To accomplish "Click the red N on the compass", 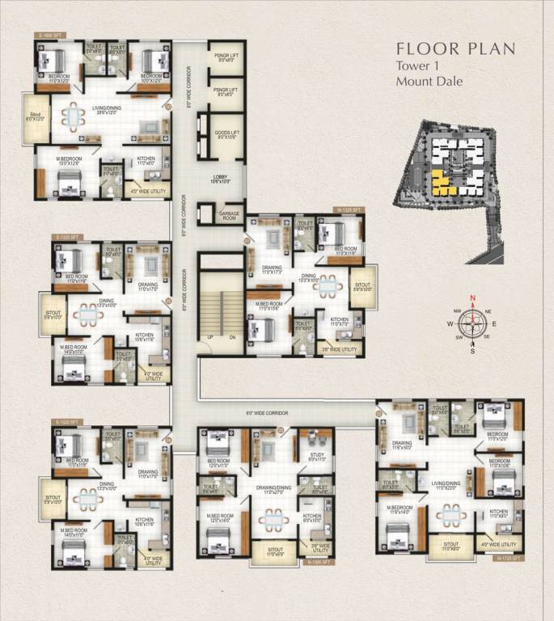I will coord(472,298).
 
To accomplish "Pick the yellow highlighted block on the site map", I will coord(441,184).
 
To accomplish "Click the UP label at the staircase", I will coord(210,337).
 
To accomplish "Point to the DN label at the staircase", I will coord(231,337).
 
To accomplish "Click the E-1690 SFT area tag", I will coord(49,36).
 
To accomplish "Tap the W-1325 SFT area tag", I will coord(350,209).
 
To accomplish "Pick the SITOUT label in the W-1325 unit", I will coord(357,287).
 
